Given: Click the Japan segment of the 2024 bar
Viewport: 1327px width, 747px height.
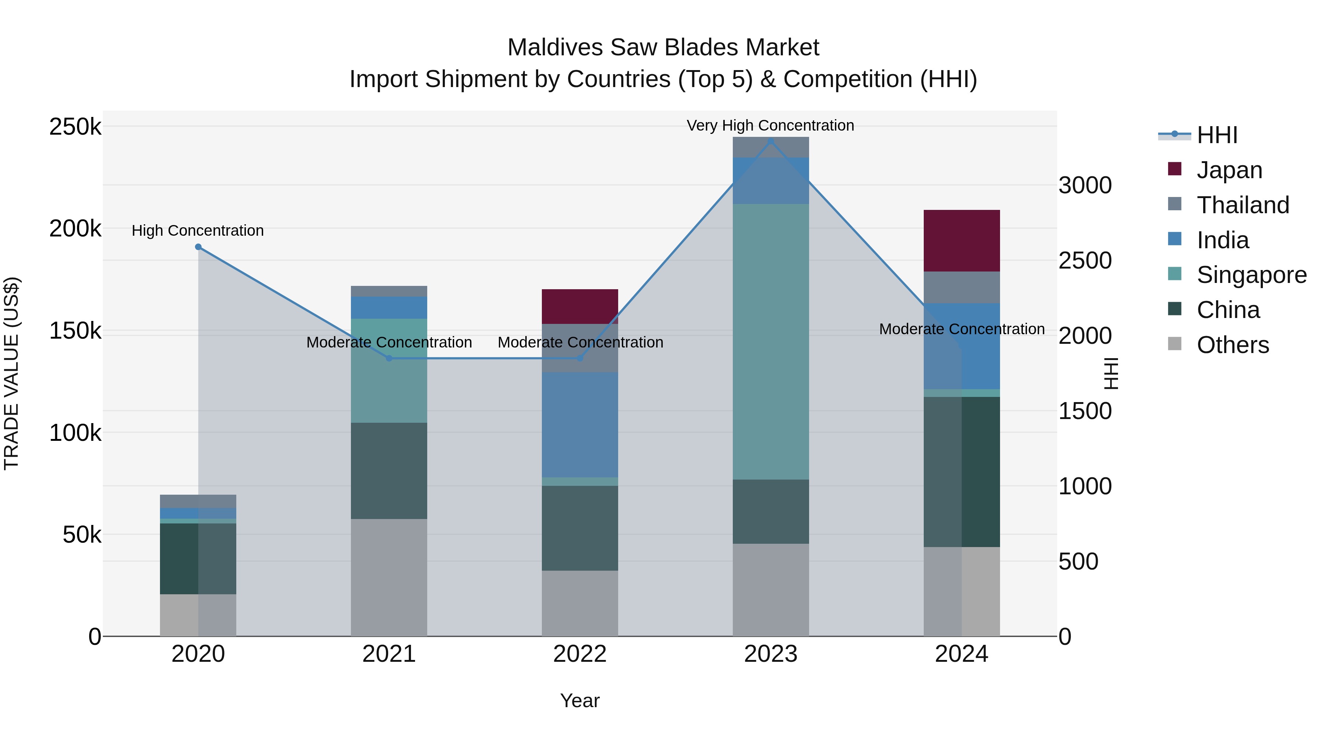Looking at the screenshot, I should pyautogui.click(x=961, y=241).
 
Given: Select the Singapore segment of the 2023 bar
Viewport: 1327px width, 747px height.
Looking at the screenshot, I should pyautogui.click(x=771, y=341).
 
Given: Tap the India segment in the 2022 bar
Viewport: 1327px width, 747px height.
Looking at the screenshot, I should pyautogui.click(x=579, y=425).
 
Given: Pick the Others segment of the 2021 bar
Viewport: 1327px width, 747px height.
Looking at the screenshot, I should pyautogui.click(x=389, y=577).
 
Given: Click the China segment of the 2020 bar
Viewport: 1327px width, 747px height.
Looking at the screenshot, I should pyautogui.click(x=198, y=559).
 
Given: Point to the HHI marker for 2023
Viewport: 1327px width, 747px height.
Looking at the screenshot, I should pyautogui.click(x=771, y=141).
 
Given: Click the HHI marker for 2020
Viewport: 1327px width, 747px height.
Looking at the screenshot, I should pyautogui.click(x=198, y=247).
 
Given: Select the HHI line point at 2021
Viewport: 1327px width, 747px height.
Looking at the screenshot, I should pyautogui.click(x=389, y=358).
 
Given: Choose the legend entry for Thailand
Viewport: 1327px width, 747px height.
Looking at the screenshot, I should pyautogui.click(x=1243, y=205).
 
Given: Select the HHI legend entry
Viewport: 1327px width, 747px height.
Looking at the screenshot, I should pyautogui.click(x=1216, y=135).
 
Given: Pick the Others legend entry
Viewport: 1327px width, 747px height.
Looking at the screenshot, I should pyautogui.click(x=1232, y=345).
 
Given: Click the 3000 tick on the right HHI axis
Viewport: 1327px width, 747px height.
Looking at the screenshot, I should pyautogui.click(x=1085, y=185).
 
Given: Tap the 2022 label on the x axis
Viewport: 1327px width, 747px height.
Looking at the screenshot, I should pyautogui.click(x=579, y=654).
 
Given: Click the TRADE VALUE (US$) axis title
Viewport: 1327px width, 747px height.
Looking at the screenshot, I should pyautogui.click(x=12, y=373).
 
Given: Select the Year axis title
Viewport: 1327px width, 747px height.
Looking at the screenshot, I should pyautogui.click(x=579, y=701).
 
